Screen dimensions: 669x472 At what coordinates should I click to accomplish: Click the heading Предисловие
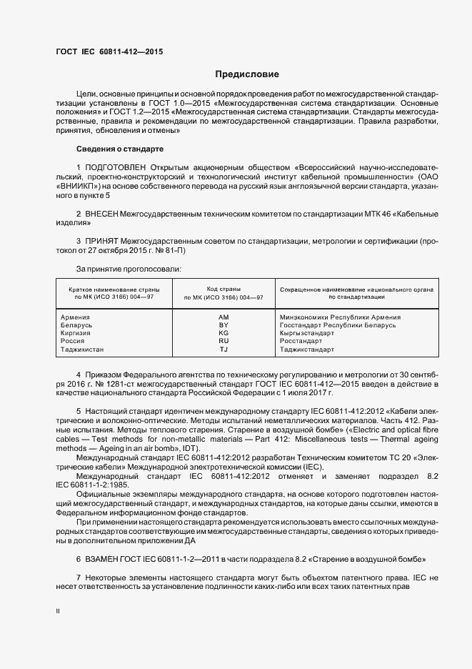(x=248, y=74)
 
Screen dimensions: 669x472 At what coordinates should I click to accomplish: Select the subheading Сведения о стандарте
(x=120, y=149)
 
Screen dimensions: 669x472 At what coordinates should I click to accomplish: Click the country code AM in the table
(x=224, y=317)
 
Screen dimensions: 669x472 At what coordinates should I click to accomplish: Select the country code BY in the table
(x=224, y=325)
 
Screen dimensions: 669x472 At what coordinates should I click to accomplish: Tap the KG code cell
(x=224, y=333)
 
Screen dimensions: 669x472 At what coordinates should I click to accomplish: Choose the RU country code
(x=224, y=342)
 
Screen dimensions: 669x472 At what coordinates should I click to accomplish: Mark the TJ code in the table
(x=224, y=350)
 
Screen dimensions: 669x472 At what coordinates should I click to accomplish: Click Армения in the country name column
(x=76, y=317)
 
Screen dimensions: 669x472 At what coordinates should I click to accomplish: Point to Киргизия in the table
(x=77, y=333)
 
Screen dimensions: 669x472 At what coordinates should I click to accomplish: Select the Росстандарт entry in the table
(x=301, y=342)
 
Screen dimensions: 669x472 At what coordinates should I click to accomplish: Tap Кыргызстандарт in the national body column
(x=307, y=333)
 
